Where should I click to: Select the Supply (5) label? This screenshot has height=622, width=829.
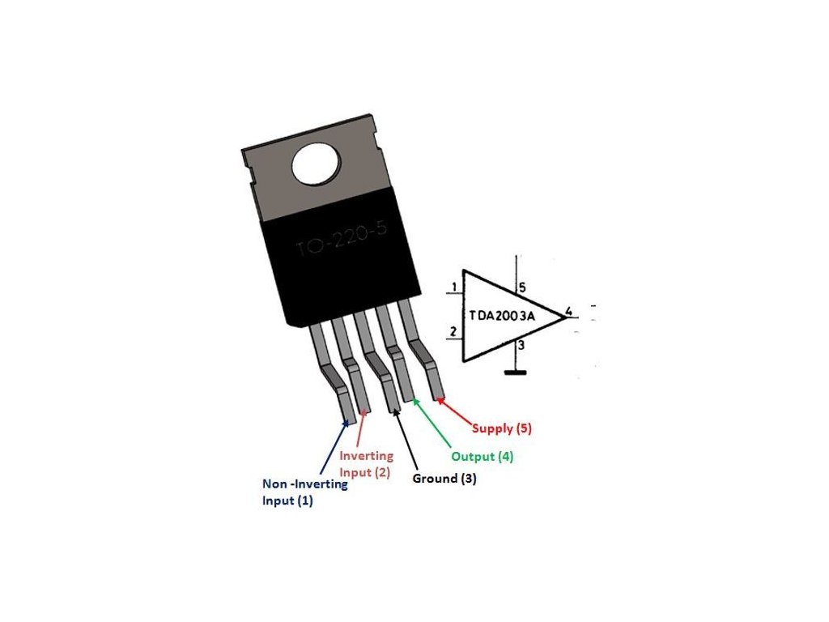pyautogui.click(x=502, y=427)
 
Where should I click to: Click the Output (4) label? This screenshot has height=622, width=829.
pyautogui.click(x=482, y=456)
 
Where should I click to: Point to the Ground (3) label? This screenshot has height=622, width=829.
pyautogui.click(x=444, y=479)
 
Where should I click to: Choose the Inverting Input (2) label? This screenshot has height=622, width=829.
pyautogui.click(x=366, y=464)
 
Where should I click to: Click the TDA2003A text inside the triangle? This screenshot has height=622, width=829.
pyautogui.click(x=502, y=315)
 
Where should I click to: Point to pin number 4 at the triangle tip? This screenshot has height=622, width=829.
pyautogui.click(x=569, y=311)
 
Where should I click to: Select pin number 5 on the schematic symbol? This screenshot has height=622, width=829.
pyautogui.click(x=522, y=288)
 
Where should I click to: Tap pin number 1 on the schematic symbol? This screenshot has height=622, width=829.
pyautogui.click(x=455, y=287)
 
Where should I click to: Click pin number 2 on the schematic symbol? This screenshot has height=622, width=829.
pyautogui.click(x=453, y=331)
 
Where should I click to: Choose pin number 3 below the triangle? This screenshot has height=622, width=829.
pyautogui.click(x=521, y=346)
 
